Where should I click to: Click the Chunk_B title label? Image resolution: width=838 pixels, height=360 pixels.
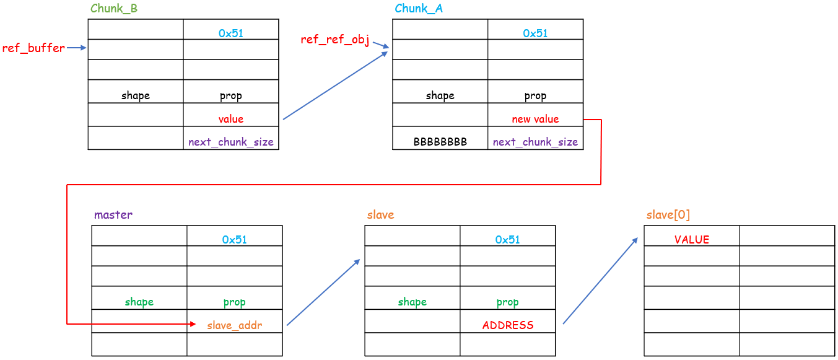114,9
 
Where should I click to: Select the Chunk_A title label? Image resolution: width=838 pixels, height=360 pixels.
419,9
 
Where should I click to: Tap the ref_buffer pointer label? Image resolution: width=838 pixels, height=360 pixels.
33,48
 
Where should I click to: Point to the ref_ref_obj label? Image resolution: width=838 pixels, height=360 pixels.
334,40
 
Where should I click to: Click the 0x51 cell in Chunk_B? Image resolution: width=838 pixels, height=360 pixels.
230,33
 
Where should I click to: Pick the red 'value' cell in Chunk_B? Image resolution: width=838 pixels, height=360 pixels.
230,119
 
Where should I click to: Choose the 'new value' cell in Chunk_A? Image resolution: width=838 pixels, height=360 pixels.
535,119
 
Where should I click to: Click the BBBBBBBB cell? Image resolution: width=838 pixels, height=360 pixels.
440,142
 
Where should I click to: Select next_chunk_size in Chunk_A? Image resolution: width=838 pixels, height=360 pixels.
535,142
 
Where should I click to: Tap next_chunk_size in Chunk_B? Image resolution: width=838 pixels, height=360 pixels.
230,142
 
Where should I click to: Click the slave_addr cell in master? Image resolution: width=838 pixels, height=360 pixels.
234,325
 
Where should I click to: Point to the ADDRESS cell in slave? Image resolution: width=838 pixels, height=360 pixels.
507,325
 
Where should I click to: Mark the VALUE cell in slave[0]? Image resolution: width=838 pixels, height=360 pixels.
692,240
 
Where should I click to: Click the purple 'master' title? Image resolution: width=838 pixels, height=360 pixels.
113,215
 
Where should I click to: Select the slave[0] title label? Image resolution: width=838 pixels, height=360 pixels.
668,215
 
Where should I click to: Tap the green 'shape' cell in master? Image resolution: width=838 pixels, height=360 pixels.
139,302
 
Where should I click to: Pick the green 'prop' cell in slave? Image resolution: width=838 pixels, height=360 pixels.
507,302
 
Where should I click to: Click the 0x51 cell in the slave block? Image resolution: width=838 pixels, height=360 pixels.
507,240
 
